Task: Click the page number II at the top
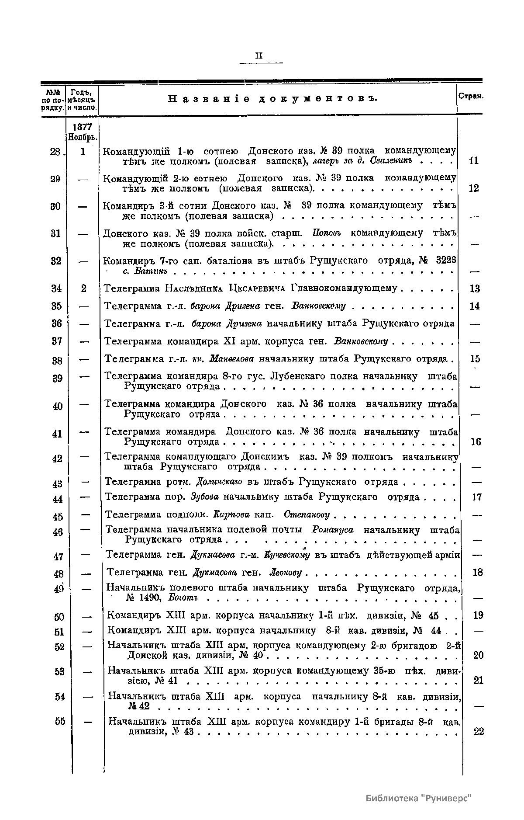pyautogui.click(x=259, y=56)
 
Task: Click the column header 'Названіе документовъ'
pyautogui.click(x=272, y=99)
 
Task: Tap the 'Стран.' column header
pyautogui.click(x=470, y=96)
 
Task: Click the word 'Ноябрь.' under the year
pyautogui.click(x=83, y=137)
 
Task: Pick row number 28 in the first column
pyautogui.click(x=55, y=152)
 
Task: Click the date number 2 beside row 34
pyautogui.click(x=83, y=288)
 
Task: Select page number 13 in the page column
pyautogui.click(x=474, y=289)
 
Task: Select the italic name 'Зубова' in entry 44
pyautogui.click(x=206, y=497)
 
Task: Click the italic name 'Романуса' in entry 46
pyautogui.click(x=333, y=530)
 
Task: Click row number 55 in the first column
pyautogui.click(x=60, y=721)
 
